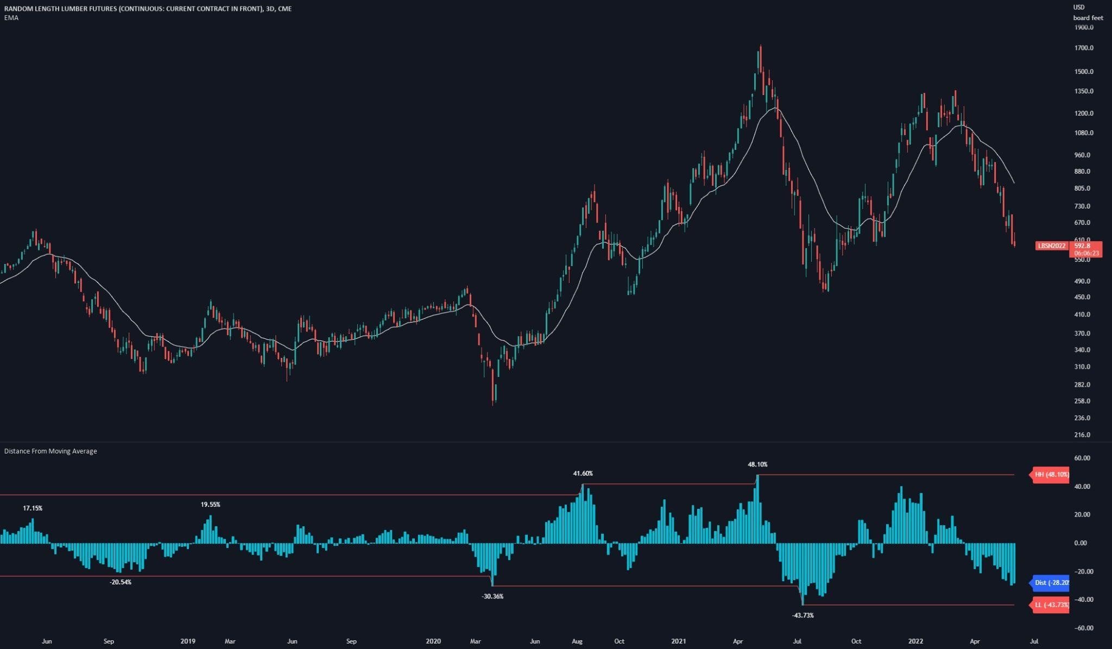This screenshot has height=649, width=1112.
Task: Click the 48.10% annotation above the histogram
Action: click(757, 464)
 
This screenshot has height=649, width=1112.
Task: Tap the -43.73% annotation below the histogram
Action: click(803, 615)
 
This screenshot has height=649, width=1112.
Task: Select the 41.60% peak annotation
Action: click(583, 474)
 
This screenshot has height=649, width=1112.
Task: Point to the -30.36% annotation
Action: click(492, 596)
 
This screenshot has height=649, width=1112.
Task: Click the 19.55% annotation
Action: click(210, 505)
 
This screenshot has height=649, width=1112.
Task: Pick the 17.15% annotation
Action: click(33, 508)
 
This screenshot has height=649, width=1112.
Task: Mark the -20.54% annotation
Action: click(121, 582)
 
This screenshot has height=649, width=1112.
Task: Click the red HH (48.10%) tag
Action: click(1051, 475)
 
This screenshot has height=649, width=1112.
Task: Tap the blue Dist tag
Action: click(1051, 583)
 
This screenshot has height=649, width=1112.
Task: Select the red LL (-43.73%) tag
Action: click(1051, 605)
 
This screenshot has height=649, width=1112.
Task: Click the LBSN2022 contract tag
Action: click(1052, 246)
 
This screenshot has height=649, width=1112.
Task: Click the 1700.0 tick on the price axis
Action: click(1084, 48)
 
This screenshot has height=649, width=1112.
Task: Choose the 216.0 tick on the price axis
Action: click(1082, 434)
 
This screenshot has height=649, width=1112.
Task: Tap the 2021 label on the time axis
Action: click(678, 641)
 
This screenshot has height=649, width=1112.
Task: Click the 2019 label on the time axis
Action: click(188, 641)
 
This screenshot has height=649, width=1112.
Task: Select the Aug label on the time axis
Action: click(577, 641)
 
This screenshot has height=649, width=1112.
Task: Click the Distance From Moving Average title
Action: click(50, 451)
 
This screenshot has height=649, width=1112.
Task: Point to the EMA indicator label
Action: click(11, 18)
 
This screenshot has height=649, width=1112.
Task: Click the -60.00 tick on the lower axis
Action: click(1083, 628)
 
